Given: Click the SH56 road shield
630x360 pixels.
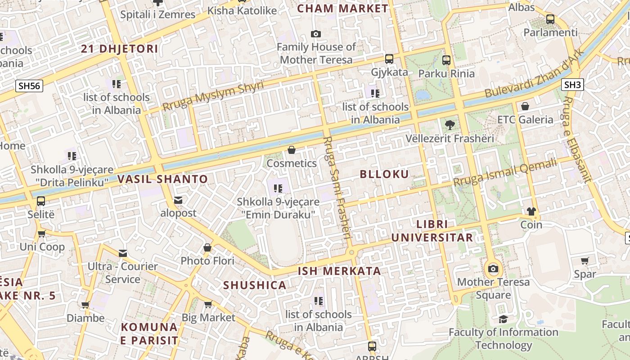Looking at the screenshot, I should coord(29,86).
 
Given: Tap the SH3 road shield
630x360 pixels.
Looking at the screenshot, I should coord(573,85).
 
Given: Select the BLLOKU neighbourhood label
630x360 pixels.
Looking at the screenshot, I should coord(384,175).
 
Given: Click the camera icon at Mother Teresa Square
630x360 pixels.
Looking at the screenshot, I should coord(493,269).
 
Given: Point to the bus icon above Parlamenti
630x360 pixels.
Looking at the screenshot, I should coord(550,19).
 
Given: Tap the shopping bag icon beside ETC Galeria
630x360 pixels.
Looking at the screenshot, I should coord(525,107).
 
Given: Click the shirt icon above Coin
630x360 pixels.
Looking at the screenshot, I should coord(531,211).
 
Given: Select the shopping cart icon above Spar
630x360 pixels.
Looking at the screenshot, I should coord(585,261).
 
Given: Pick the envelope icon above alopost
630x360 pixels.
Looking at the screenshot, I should coord(178,200).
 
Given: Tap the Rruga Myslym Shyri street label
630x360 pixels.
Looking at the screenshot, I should coord(213,96).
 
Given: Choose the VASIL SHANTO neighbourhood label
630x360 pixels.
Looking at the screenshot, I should coord(162,179).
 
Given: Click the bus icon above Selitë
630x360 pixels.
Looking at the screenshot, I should coord(41,201).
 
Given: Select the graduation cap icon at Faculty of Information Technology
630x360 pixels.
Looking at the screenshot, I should coord(503,319).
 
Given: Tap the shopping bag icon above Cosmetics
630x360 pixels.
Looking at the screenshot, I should coord(292,150).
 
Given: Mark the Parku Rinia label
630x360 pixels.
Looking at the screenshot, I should coord(446,73).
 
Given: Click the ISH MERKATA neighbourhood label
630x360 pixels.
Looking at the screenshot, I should coord(339,271).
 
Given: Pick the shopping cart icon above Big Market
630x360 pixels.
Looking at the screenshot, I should coord(208,305).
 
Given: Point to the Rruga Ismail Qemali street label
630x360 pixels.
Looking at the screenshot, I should coord(505,173).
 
